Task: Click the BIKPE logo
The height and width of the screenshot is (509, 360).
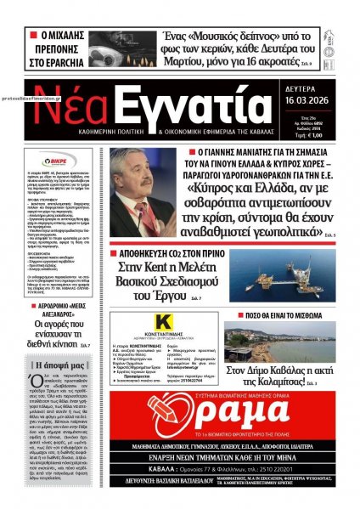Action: click(63, 161)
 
